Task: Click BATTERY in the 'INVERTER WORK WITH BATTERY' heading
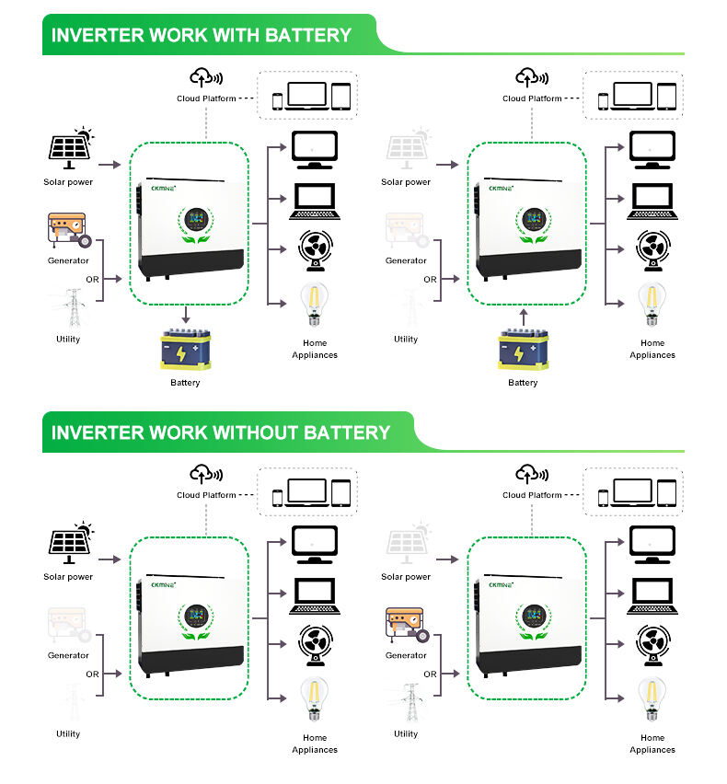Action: click(308, 36)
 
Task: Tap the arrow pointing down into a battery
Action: click(186, 315)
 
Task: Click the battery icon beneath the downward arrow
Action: click(186, 350)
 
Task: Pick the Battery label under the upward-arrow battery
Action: click(523, 383)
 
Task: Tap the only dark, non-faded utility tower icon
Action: click(407, 703)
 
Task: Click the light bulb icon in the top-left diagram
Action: click(315, 306)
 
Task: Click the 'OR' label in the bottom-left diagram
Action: click(92, 674)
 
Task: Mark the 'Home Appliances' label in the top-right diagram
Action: click(652, 349)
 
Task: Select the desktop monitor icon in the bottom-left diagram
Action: click(314, 544)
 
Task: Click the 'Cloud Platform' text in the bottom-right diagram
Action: click(532, 495)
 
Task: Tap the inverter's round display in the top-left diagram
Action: click(194, 220)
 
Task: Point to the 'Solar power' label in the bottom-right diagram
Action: click(406, 577)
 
